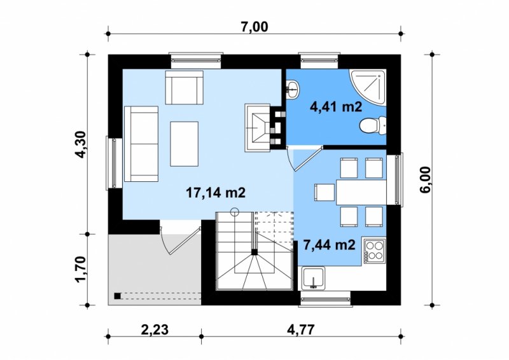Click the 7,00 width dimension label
tap(254, 27)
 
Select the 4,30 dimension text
tap(81, 144)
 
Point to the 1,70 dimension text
tap(81, 270)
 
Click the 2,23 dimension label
tap(155, 330)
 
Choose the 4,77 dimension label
tap(300, 330)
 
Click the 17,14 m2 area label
tap(216, 193)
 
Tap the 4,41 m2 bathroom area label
tap(336, 106)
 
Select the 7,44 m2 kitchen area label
tap(329, 245)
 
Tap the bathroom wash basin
tap(293, 88)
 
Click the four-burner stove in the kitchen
tap(375, 251)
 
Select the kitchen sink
tap(313, 278)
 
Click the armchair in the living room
tap(185, 87)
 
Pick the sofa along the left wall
tap(141, 144)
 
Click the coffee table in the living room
tap(184, 144)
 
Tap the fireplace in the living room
tap(258, 128)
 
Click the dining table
tap(361, 192)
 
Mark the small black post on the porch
tap(118, 296)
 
